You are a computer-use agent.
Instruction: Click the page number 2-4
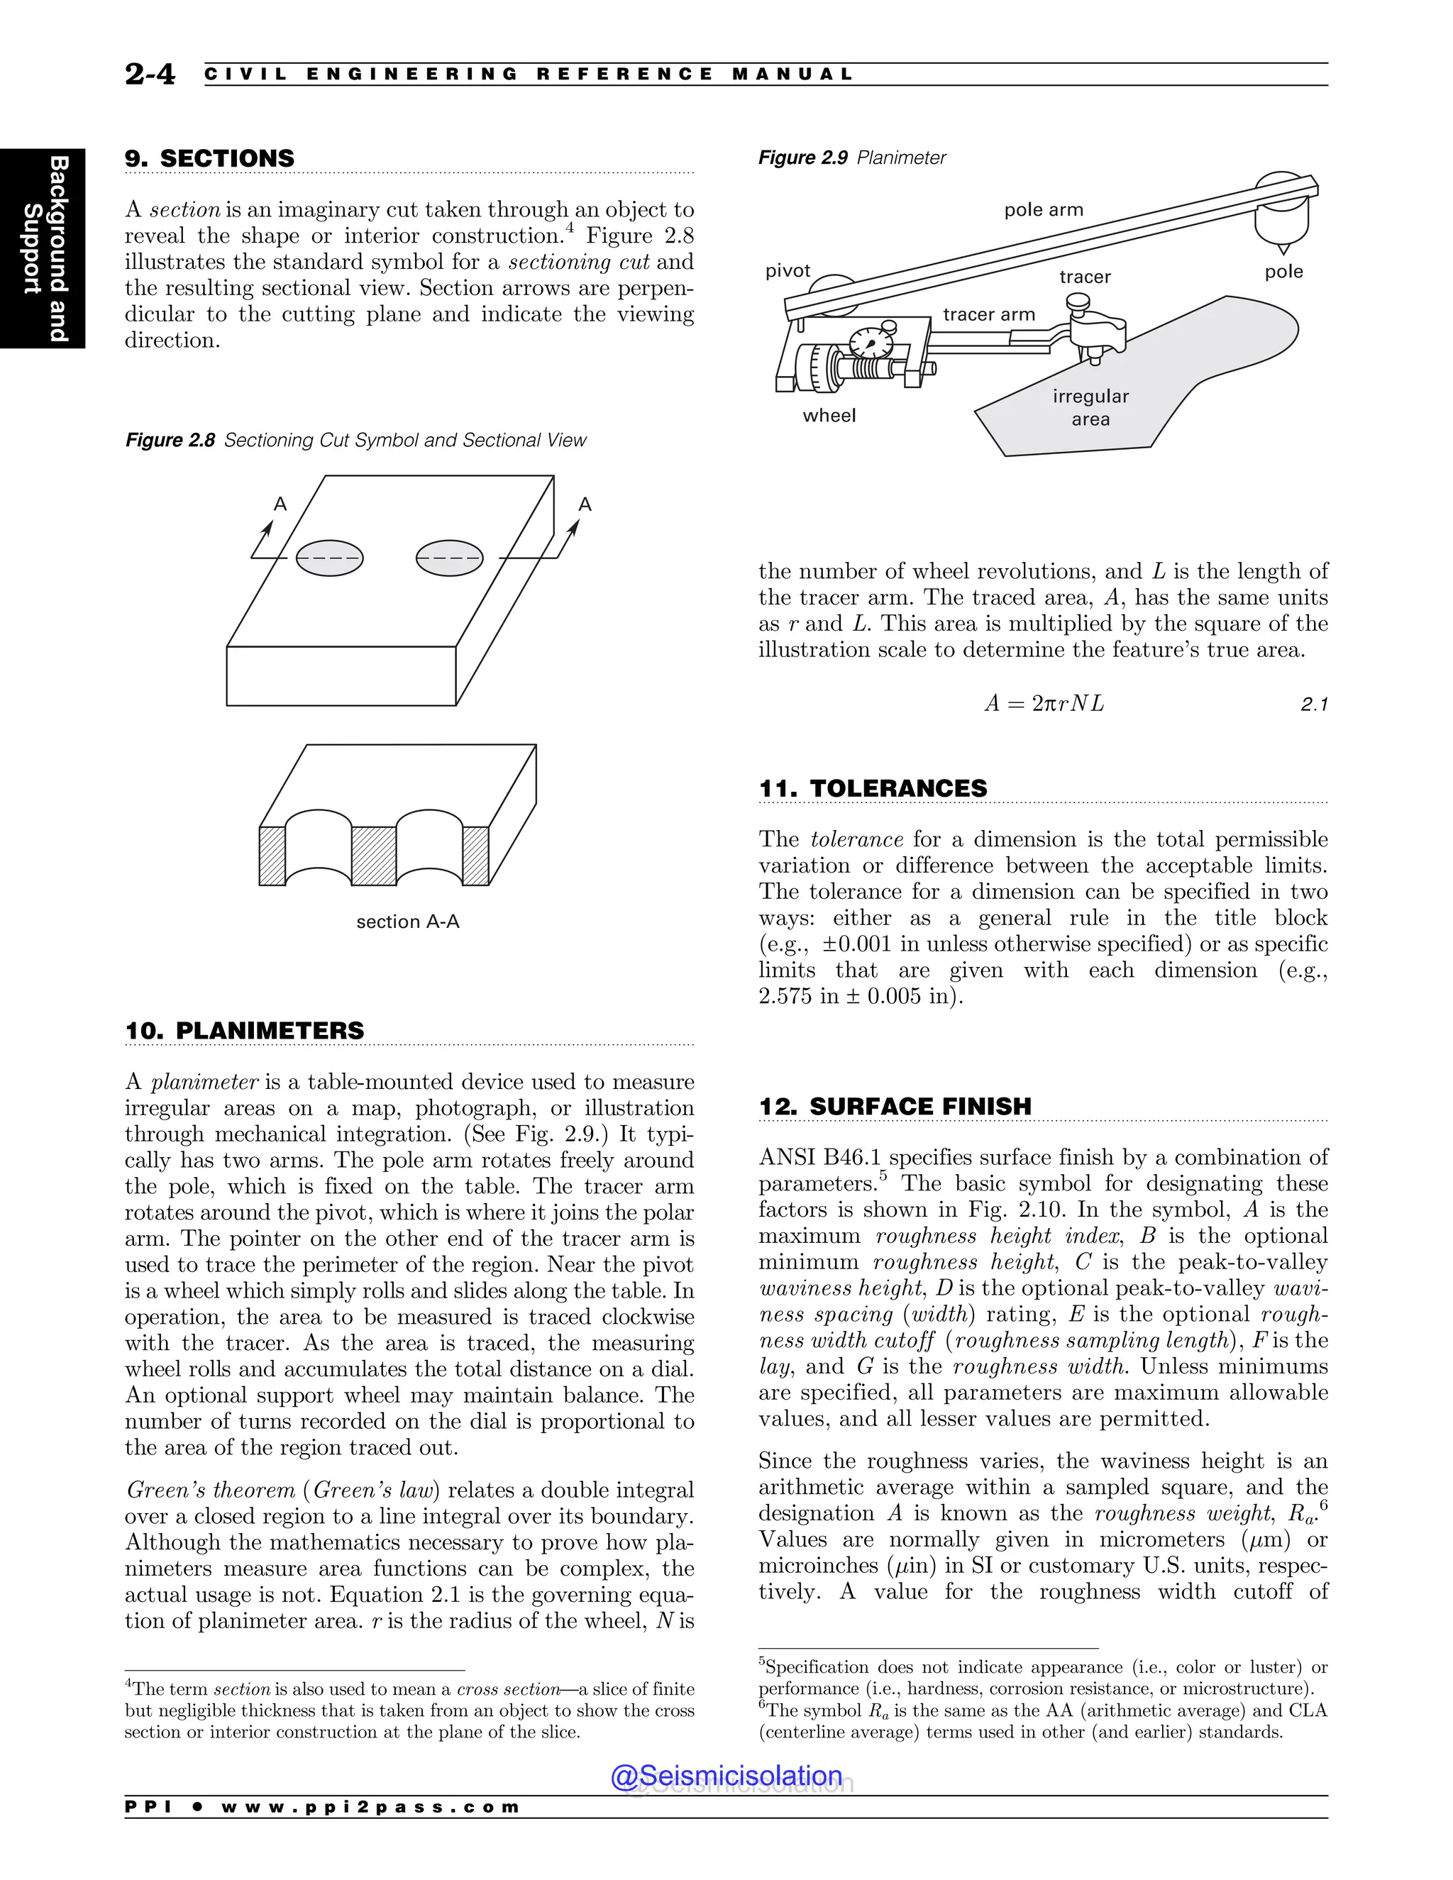(150, 74)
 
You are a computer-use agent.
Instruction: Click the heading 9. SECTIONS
(209, 158)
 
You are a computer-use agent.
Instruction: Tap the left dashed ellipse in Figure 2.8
(328, 558)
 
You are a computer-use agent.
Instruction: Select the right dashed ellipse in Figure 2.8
(449, 558)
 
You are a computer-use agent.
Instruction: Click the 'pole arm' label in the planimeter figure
(1043, 210)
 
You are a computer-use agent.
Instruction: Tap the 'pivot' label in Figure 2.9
(788, 271)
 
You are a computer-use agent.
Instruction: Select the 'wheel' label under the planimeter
(829, 416)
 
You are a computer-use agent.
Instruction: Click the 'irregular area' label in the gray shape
(1090, 407)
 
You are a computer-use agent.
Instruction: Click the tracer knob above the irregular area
(1078, 303)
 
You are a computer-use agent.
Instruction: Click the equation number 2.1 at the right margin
(1313, 705)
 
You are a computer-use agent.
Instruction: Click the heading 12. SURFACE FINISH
(895, 1106)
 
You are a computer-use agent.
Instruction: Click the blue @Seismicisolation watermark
(726, 1775)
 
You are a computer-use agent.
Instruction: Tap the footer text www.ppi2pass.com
(370, 1807)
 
